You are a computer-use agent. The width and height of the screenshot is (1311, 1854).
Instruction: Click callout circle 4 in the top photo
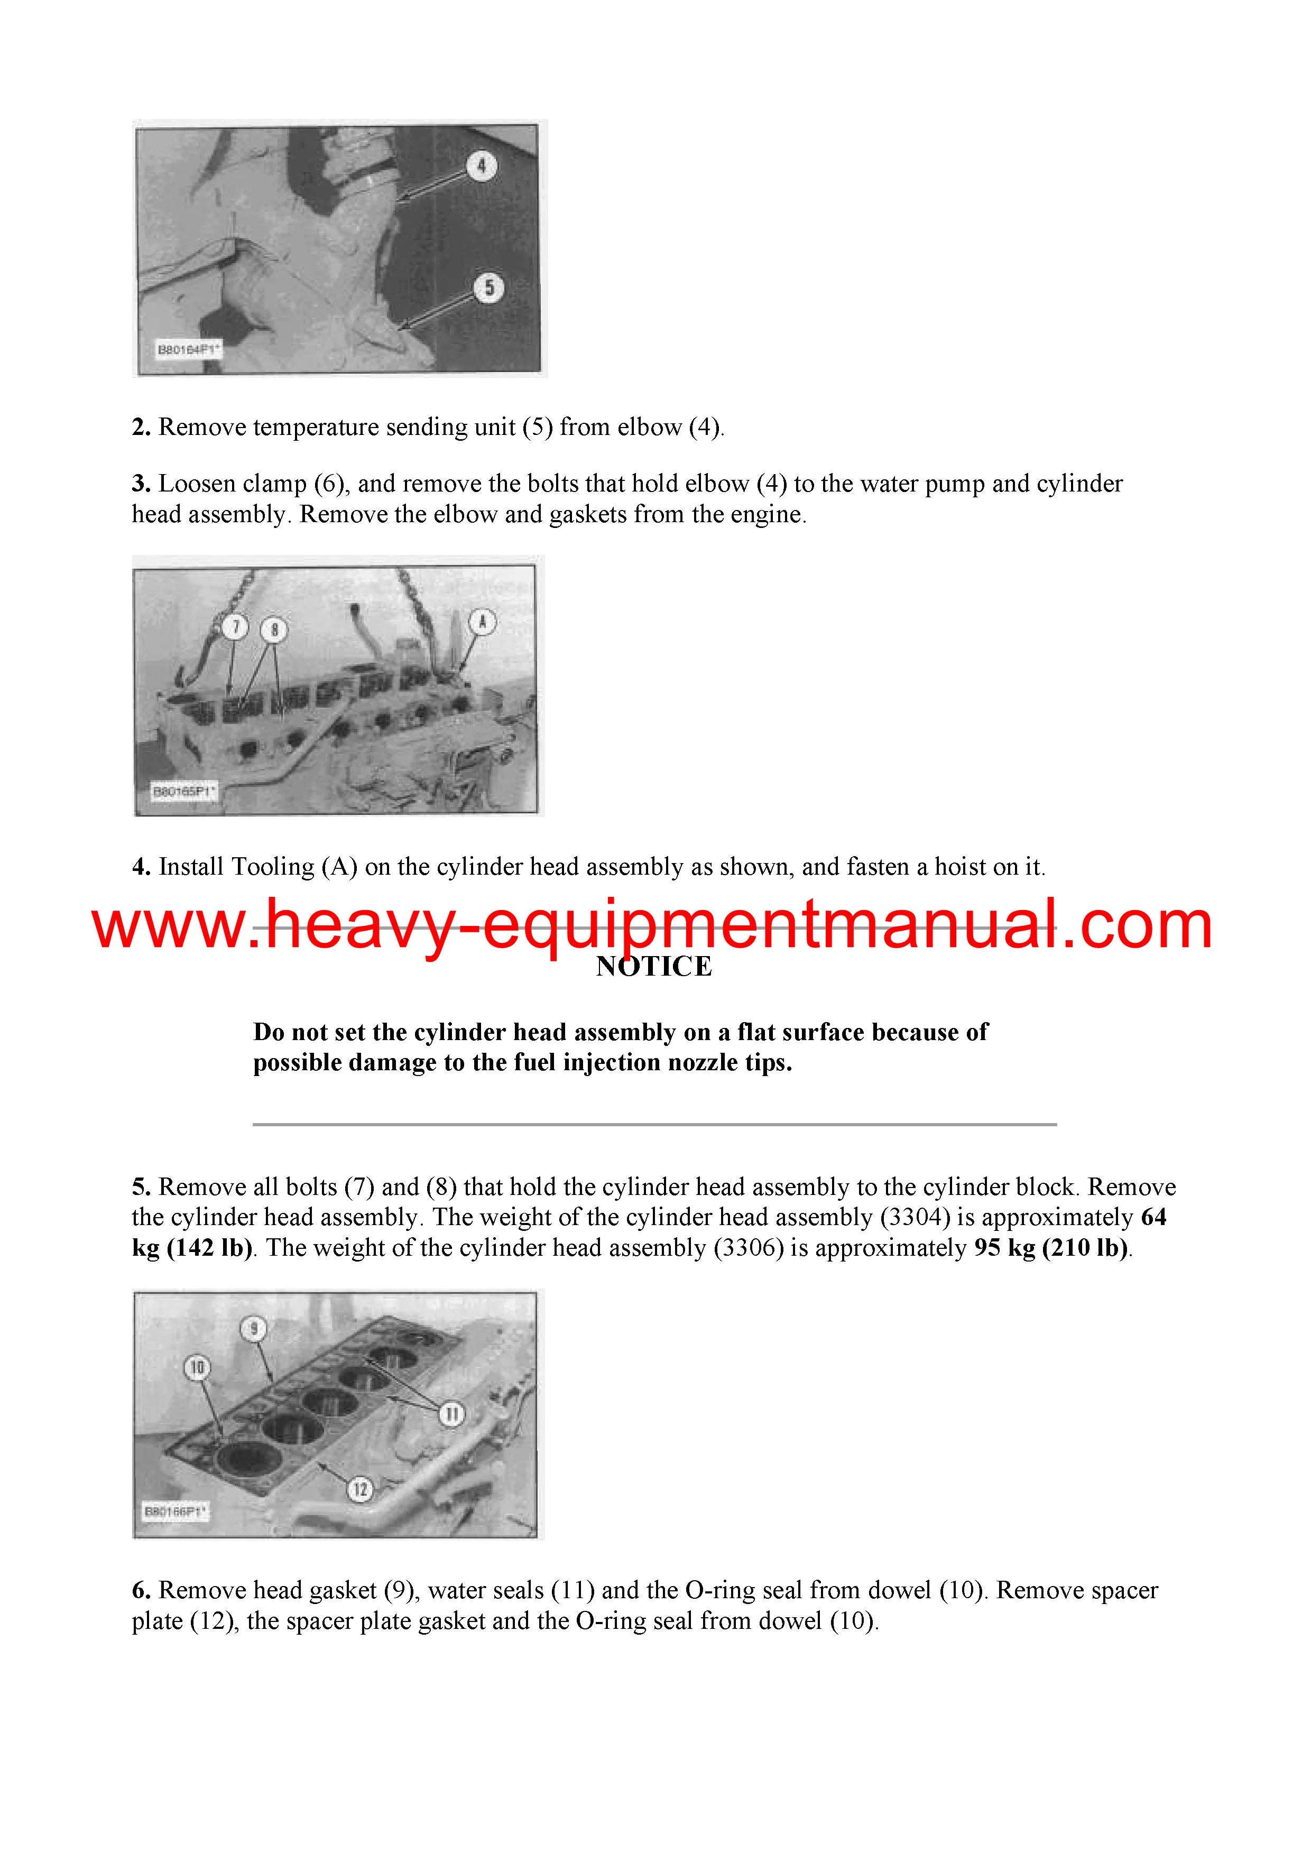point(482,166)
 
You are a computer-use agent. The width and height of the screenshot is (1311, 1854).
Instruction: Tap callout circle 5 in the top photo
point(488,288)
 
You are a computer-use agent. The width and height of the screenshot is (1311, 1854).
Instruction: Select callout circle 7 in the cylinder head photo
point(235,627)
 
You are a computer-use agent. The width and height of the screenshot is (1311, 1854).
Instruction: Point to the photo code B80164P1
point(188,350)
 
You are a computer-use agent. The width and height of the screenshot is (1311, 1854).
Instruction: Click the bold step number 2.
point(141,427)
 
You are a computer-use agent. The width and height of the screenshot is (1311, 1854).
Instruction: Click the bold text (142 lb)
point(210,1248)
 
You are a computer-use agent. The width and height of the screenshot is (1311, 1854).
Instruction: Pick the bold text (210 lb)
point(1086,1248)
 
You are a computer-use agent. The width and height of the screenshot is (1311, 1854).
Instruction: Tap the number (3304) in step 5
point(915,1217)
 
